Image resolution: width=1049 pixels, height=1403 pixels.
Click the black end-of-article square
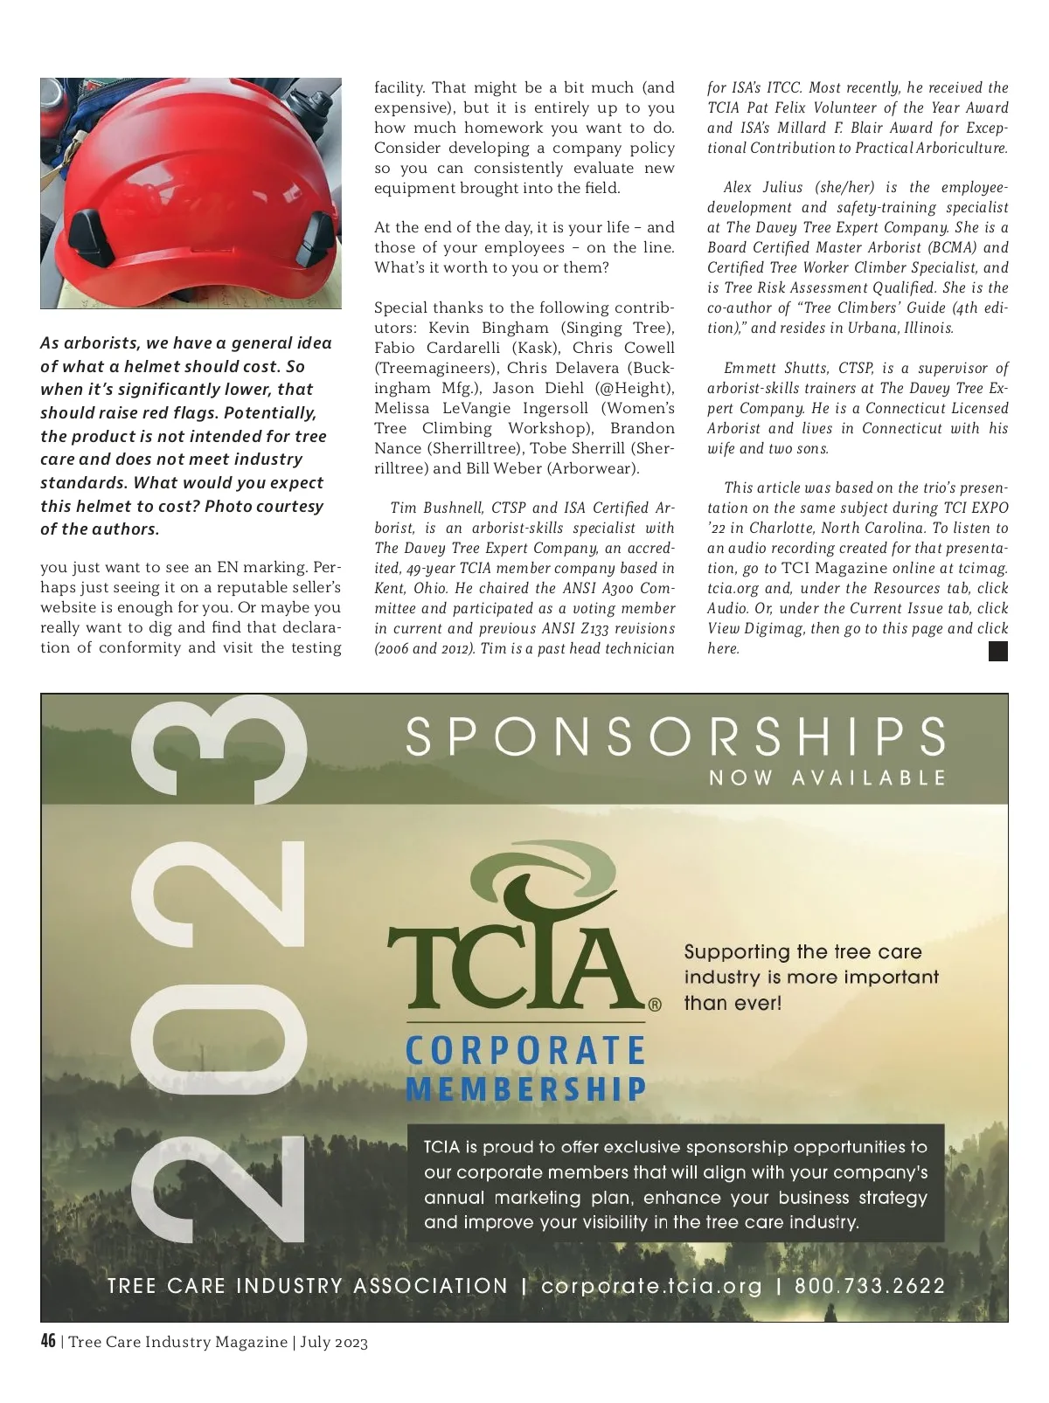(x=997, y=651)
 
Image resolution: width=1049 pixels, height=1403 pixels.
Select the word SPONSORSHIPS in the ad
(x=676, y=736)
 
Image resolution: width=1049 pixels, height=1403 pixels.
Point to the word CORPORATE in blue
(x=525, y=1051)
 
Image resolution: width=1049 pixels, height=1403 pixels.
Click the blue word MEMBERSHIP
(x=525, y=1089)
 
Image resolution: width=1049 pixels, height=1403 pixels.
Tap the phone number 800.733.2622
(x=870, y=1286)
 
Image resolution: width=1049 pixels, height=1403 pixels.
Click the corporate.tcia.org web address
(x=651, y=1286)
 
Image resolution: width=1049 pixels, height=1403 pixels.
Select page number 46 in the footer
(x=48, y=1342)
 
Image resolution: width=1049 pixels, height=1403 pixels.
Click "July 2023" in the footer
(x=334, y=1343)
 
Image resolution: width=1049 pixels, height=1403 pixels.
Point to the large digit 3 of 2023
(x=219, y=751)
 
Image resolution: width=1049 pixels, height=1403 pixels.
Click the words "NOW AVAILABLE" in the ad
(x=827, y=778)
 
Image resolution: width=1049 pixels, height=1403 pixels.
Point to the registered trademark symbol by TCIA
(x=655, y=1005)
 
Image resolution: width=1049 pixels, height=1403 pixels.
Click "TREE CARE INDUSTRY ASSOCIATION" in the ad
(x=308, y=1286)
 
